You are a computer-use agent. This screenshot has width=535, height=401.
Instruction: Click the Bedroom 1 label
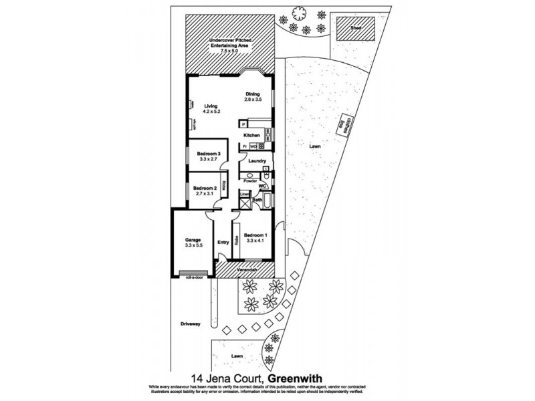[255, 235]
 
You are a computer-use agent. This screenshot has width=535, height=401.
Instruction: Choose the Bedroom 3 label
[209, 154]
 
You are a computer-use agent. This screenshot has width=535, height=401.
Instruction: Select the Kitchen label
[251, 135]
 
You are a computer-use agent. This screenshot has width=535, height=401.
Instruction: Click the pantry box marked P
[243, 124]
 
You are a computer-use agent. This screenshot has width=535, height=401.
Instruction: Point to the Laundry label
[257, 161]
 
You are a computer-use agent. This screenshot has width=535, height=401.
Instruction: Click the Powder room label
[250, 181]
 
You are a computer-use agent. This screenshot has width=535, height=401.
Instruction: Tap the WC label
[263, 186]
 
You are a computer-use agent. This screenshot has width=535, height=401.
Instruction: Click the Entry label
[223, 242]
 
